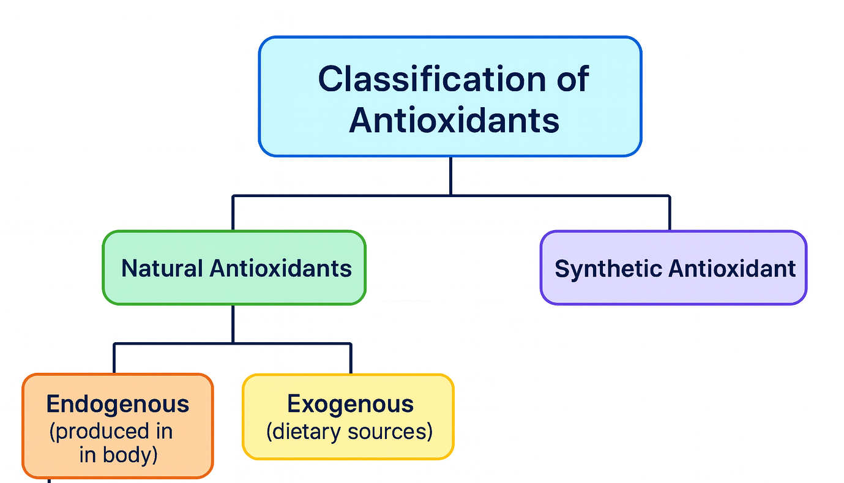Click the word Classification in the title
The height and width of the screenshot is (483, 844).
422,79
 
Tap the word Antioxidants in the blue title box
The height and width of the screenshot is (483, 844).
454,120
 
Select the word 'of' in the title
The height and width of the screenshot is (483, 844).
569,79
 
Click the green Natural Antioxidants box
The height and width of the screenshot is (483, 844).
234,288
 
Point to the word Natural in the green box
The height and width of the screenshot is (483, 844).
162,268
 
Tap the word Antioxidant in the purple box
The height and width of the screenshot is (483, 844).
732,269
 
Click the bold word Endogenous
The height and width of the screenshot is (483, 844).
118,404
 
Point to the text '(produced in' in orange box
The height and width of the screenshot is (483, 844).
111,432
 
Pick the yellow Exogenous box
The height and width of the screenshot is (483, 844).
348,450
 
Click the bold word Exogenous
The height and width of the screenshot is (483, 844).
350,404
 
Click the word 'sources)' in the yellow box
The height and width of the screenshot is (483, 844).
390,432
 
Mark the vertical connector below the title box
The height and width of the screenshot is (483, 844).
450,176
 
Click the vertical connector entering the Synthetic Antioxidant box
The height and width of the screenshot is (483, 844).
670,213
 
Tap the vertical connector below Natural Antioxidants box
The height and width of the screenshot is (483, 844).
233,323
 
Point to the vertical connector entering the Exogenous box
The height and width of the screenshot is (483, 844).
351,359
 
